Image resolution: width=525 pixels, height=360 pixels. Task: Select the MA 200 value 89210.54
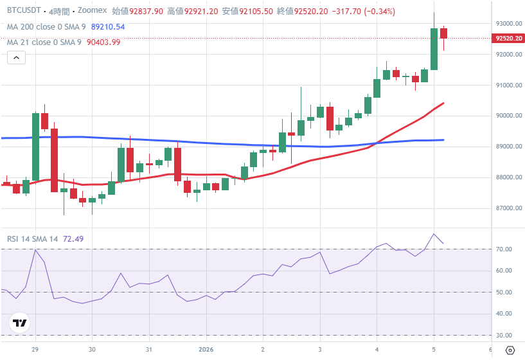point(108,27)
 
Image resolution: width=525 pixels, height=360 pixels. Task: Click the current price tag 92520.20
point(508,39)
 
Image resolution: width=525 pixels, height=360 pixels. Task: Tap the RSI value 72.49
point(73,239)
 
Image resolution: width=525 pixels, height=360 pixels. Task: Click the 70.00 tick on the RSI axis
point(503,249)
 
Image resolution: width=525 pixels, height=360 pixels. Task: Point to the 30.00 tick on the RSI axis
point(503,336)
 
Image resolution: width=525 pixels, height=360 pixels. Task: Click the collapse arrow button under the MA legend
point(17,59)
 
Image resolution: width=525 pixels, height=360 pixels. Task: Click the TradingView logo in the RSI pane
point(20,323)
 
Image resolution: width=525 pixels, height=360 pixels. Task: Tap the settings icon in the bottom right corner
point(510,350)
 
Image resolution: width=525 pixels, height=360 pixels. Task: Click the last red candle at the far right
point(443,33)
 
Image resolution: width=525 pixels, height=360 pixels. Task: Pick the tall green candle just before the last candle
point(434,49)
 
